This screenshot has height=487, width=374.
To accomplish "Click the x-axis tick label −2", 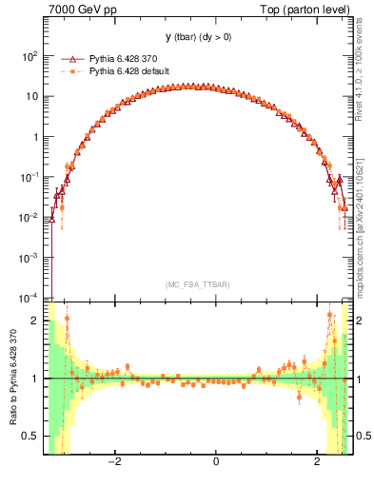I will pos(114,461).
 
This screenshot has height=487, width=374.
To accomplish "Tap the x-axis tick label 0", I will pos(216,461).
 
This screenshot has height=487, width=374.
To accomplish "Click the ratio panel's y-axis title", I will pos(11,379).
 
